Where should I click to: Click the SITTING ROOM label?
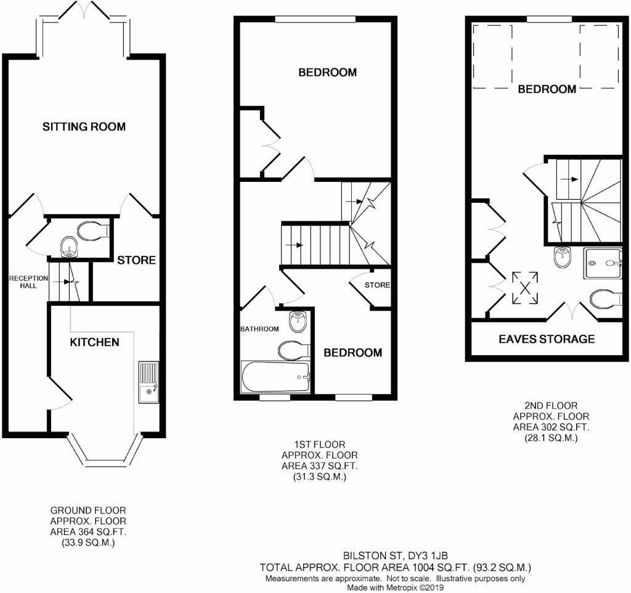pos(84,127)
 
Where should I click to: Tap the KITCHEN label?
pos(94,341)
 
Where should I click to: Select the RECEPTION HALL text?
pos(28,282)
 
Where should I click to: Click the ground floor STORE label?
pos(136,260)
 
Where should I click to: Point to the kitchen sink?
pos(148,382)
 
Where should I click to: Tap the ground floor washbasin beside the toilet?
pos(68,248)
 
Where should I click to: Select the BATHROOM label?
pos(259,329)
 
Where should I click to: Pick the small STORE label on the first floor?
pos(377,285)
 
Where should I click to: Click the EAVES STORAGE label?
pos(547,339)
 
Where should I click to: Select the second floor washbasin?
pos(563,258)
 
